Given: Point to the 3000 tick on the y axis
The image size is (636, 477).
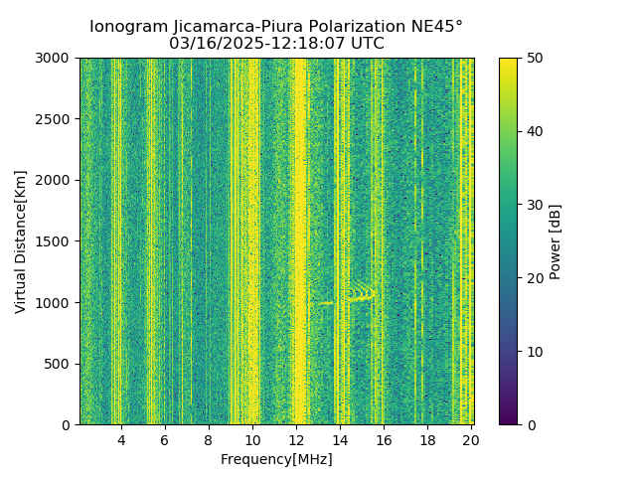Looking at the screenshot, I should coord(56,58).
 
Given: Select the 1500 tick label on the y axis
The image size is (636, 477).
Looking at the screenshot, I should coord(56,241).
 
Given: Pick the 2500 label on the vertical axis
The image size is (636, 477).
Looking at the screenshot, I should coord(56,119).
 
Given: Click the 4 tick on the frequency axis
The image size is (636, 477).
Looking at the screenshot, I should coord(121,440).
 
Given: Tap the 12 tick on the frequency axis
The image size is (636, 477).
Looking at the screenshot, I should coord(296,440).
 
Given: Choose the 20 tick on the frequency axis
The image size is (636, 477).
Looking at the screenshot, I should coord(471,440).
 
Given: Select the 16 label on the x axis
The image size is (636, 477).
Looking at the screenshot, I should coord(384,440).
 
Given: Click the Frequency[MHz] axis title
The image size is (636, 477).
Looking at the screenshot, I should coord(276,459).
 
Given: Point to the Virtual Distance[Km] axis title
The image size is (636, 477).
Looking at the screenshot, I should coord(21,241).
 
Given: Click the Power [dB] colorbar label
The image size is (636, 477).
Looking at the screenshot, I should coord(556,241).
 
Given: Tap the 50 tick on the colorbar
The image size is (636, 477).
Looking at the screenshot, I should coord(534,58).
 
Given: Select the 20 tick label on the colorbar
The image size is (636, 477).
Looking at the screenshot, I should coord(534,278).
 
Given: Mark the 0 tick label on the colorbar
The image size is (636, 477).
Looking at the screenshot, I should coord(530,424).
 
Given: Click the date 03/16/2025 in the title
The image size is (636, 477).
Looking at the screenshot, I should coord(212,44).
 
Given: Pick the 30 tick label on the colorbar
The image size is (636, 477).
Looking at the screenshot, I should coord(534,205).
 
